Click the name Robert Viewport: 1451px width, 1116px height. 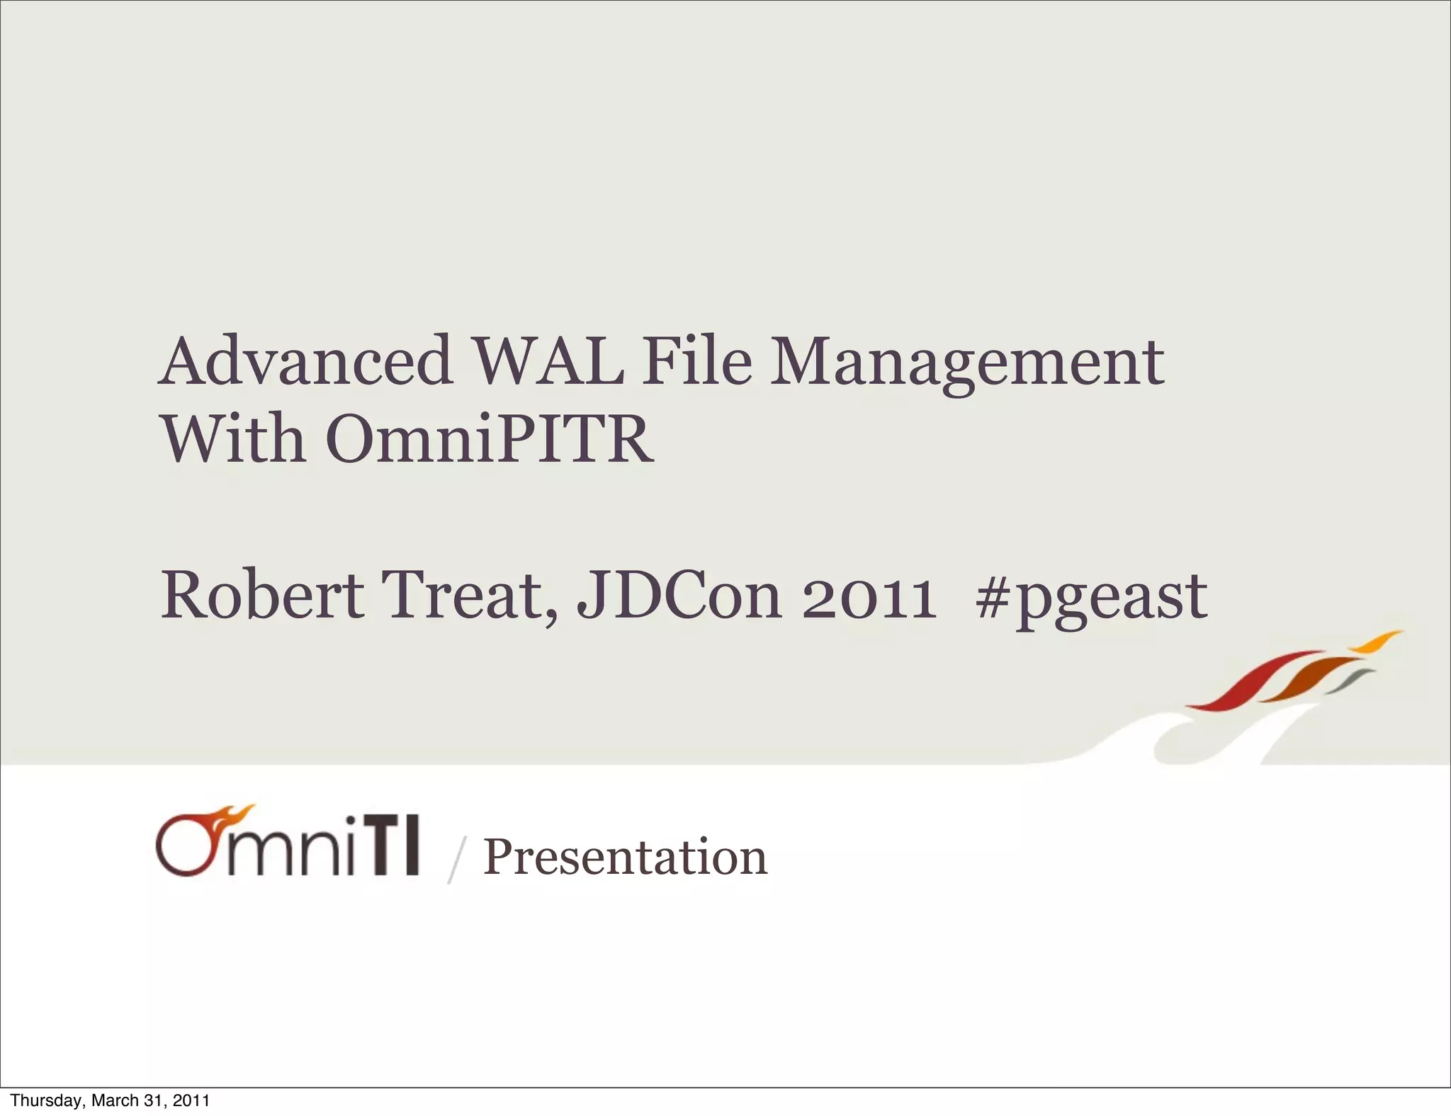[262, 596]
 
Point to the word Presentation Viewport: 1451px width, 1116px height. [625, 858]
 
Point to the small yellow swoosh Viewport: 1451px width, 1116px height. [1374, 642]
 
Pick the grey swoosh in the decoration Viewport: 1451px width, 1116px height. [1350, 681]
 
